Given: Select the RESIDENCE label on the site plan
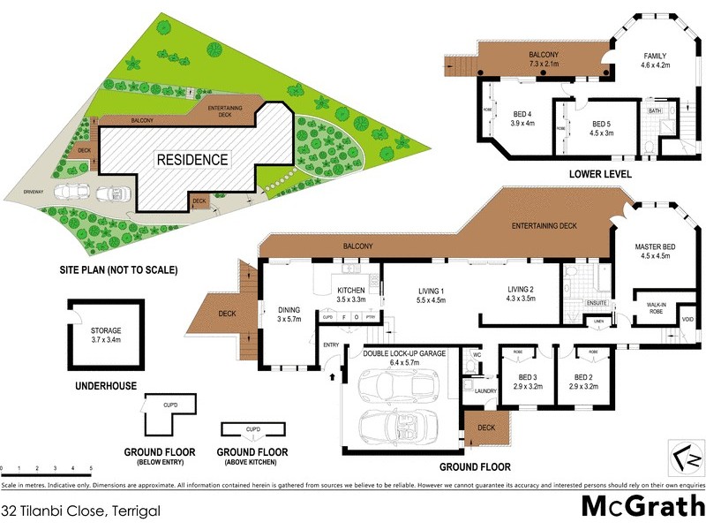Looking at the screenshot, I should (x=192, y=160).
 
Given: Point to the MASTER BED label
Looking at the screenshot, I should (x=653, y=250).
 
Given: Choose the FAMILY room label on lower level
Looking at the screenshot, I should (x=654, y=55).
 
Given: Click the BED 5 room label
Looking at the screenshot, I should (x=601, y=124).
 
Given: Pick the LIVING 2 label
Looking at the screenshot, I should (x=522, y=290).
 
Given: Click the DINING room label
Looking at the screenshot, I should (x=289, y=310).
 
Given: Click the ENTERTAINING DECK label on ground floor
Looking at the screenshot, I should (x=544, y=226).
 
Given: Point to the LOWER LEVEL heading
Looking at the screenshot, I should (x=600, y=174).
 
